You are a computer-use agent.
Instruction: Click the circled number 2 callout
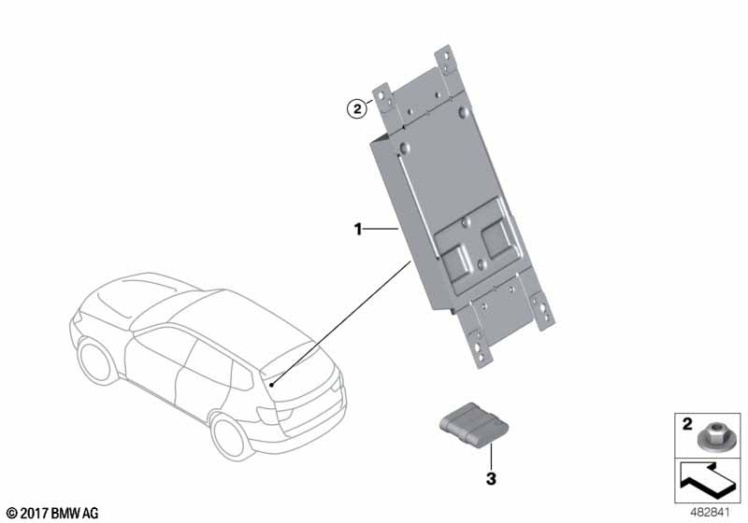(357, 109)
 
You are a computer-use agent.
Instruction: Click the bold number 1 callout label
(358, 230)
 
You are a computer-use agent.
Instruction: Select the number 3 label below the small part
(491, 478)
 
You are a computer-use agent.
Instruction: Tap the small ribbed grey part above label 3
(473, 425)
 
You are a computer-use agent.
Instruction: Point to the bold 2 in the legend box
(687, 423)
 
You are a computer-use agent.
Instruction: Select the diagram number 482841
(710, 513)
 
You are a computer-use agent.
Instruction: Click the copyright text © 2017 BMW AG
(52, 514)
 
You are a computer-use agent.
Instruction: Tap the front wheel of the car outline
(96, 359)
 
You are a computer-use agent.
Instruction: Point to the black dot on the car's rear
(271, 385)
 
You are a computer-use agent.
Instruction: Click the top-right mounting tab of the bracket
(447, 61)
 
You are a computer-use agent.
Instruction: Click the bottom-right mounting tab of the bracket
(543, 311)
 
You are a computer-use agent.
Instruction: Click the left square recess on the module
(456, 262)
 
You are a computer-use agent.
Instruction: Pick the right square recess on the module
(497, 236)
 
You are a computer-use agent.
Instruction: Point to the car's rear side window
(243, 375)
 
